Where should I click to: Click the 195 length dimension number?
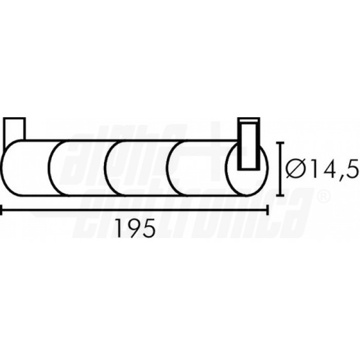136,228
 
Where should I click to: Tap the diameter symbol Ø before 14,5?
296,169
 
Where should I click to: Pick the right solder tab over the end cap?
248,144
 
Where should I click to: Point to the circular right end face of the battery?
246,169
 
